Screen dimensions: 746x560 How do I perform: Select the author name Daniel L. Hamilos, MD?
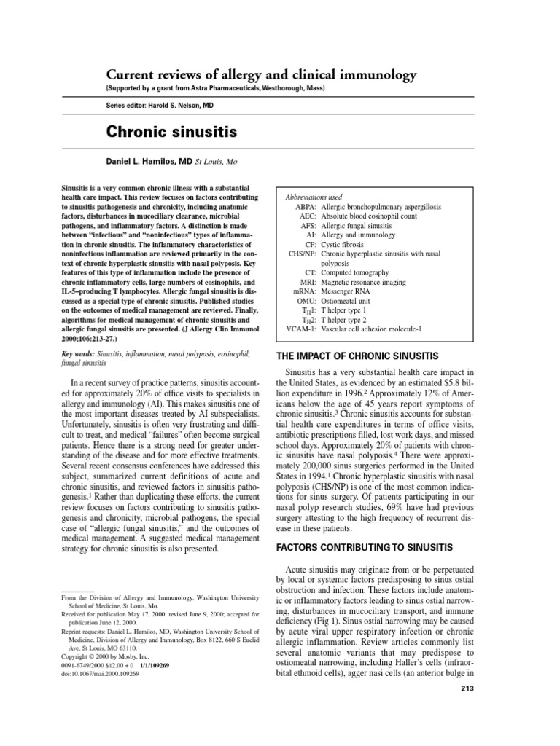tap(149, 160)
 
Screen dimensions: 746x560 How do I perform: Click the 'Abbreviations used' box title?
tap(314, 197)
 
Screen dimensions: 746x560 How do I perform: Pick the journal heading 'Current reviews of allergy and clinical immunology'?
tap(262, 75)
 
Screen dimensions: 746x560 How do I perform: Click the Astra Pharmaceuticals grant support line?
tap(217, 88)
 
